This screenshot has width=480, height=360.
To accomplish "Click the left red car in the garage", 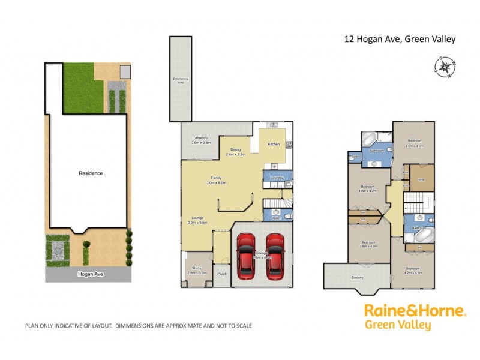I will [x=247, y=256].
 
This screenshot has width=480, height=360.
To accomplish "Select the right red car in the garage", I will [x=275, y=256].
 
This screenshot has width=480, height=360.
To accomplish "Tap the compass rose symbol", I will [x=445, y=67].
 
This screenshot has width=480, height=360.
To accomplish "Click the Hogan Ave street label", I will [x=89, y=273].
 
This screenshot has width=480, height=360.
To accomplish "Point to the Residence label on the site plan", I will [x=91, y=173].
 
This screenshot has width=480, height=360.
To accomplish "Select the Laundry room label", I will [x=277, y=178].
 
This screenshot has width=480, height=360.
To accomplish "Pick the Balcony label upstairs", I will [x=358, y=277].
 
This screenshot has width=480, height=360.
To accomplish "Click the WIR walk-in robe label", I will [x=421, y=179].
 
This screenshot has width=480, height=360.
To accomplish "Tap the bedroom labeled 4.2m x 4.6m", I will [x=414, y=270].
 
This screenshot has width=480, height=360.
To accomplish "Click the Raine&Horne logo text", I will [x=415, y=311].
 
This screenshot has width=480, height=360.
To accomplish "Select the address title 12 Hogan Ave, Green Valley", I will [x=400, y=40].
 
